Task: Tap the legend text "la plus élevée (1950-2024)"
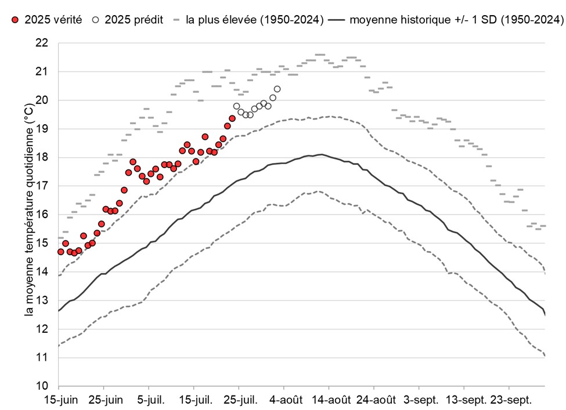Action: pyautogui.click(x=254, y=20)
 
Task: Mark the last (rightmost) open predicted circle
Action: pyautogui.click(x=277, y=89)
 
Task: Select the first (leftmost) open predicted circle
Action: pyautogui.click(x=236, y=106)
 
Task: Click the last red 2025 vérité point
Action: pyautogui.click(x=232, y=118)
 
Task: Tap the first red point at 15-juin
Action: pyautogui.click(x=61, y=252)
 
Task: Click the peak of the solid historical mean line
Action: pyautogui.click(x=320, y=154)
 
